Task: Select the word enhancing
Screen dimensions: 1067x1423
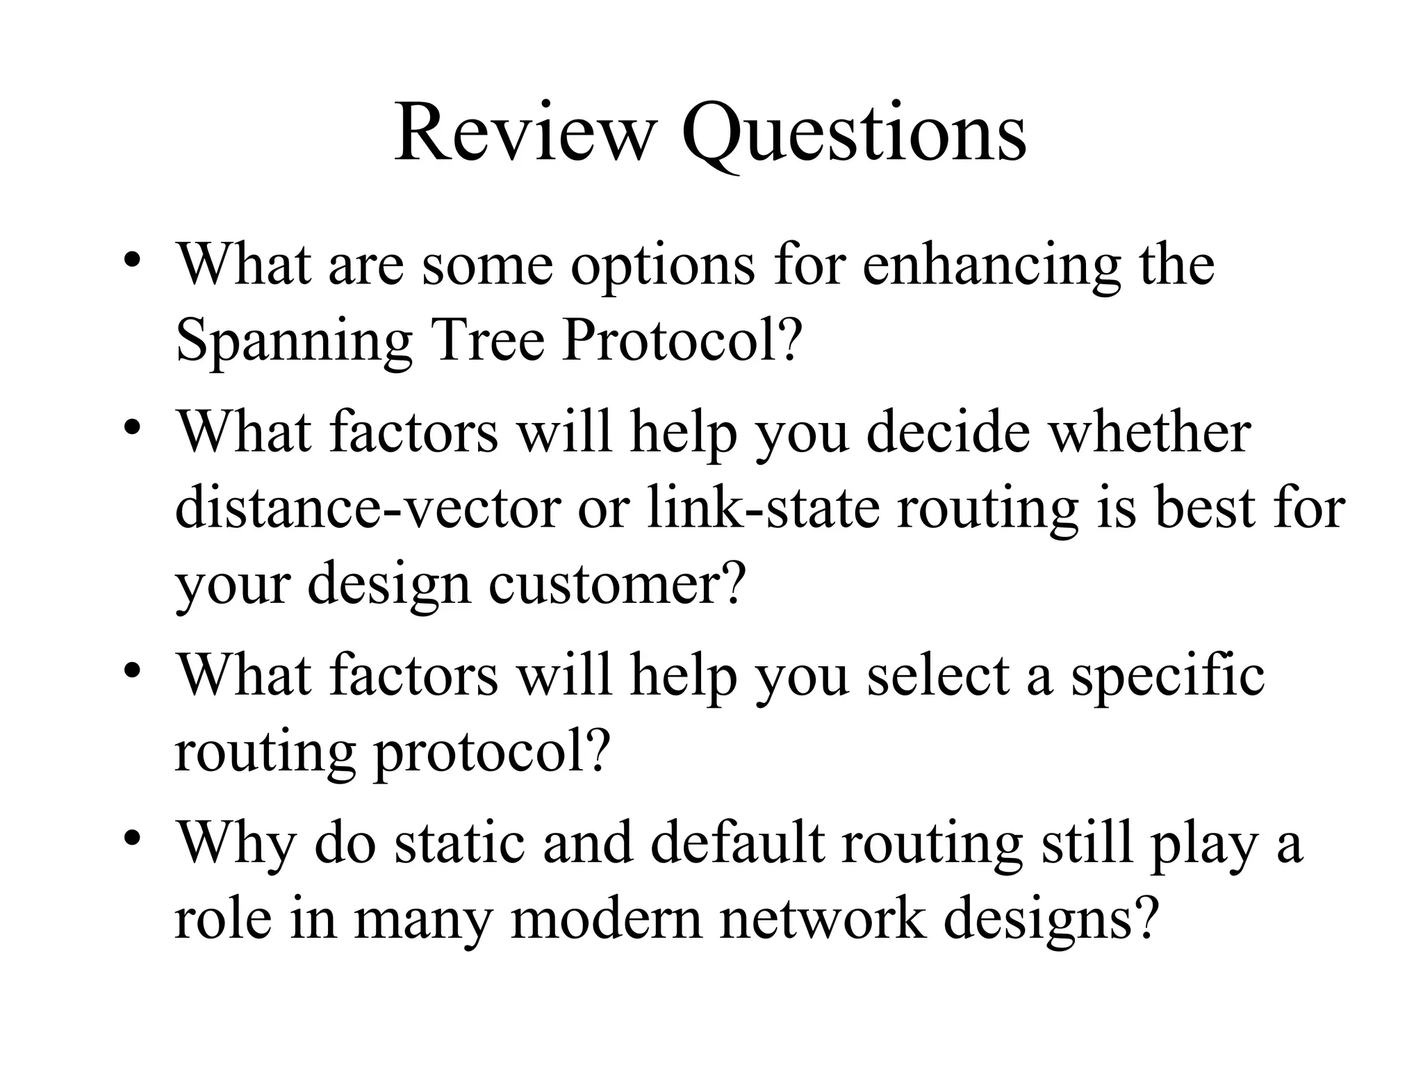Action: pyautogui.click(x=992, y=267)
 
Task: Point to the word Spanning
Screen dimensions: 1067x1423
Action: pyautogui.click(x=294, y=343)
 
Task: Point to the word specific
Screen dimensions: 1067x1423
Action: pyautogui.click(x=1167, y=677)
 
